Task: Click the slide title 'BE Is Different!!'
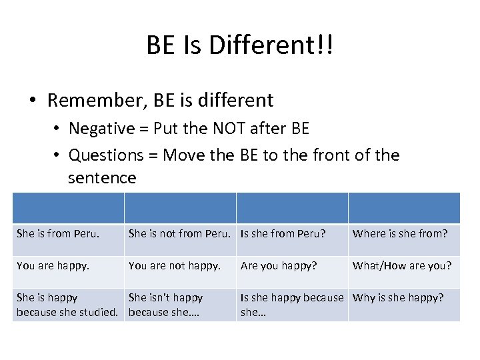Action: (240, 45)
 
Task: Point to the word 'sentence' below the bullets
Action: (102, 178)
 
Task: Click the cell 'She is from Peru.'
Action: (58, 233)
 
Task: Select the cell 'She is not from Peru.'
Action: (179, 233)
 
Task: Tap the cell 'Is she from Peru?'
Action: (283, 233)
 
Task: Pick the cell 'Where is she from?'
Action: (400, 233)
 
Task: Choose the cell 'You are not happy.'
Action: (174, 265)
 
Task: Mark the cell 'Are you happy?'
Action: (279, 265)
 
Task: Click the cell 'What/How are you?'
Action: (402, 265)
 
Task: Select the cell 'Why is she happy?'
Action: (398, 297)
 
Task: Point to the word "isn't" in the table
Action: (158, 297)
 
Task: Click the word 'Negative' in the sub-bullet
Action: (100, 128)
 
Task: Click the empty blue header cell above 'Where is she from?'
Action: (403, 208)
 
